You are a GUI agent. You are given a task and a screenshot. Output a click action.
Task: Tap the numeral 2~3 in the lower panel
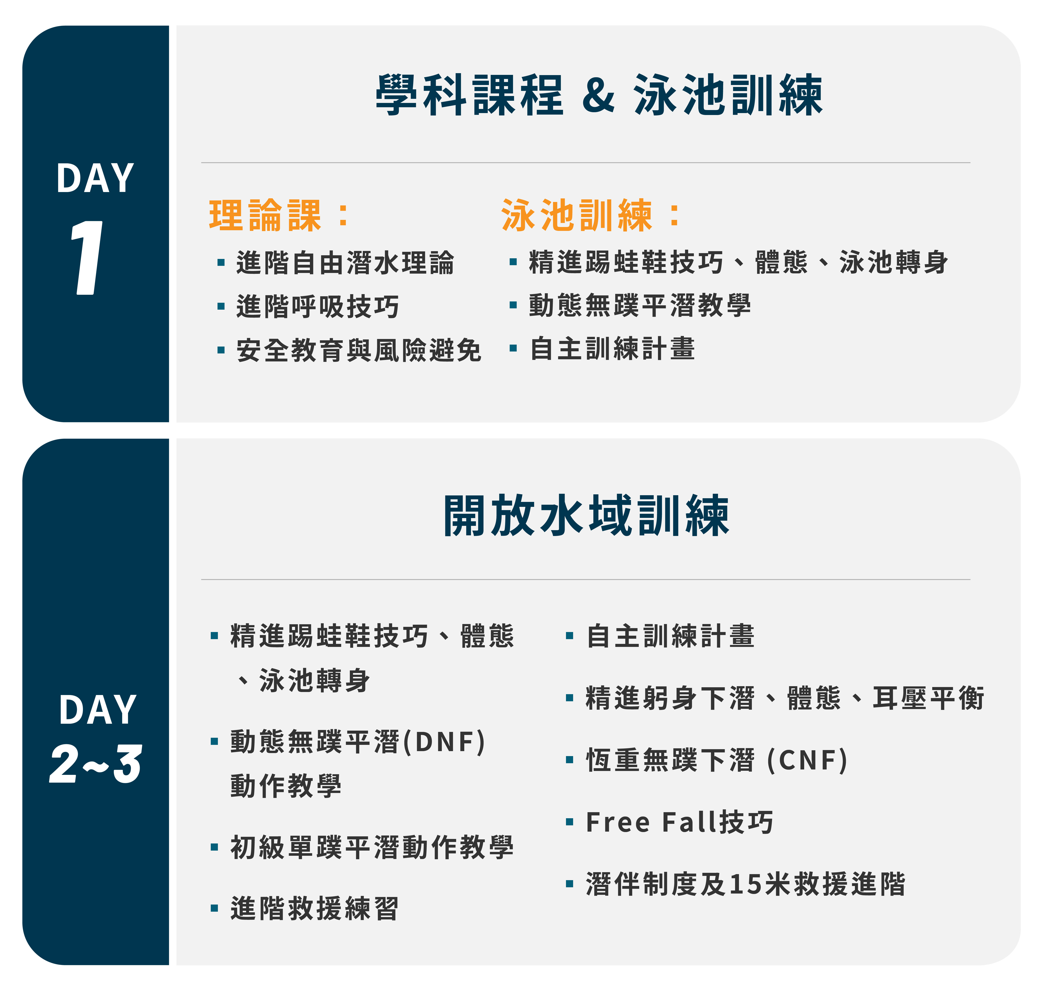95,764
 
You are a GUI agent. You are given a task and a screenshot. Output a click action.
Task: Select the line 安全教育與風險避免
359,350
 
